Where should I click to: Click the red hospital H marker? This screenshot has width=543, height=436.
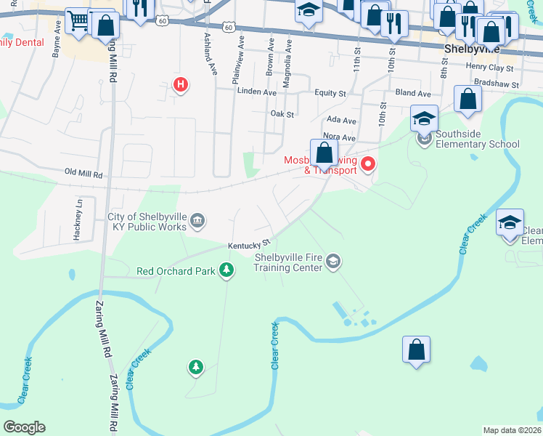coord(181,86)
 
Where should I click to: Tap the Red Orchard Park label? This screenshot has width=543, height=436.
coord(176,272)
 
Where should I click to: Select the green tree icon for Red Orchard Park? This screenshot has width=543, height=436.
coord(227,271)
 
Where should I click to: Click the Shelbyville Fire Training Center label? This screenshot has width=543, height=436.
coord(287,262)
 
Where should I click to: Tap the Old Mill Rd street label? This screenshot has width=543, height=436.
coord(84,174)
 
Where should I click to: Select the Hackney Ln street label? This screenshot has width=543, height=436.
coord(80,211)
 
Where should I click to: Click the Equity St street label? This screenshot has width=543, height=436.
coord(330,93)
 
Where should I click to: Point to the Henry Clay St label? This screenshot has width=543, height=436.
coord(490,68)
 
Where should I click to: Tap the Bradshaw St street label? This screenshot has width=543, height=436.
coord(494,85)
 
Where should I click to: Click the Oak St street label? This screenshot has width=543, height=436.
coord(282,114)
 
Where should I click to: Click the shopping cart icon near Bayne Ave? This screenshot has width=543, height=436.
coord(77,22)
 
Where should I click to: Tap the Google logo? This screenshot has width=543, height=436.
coord(24,427)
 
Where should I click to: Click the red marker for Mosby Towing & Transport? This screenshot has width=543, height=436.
coord(368,164)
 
